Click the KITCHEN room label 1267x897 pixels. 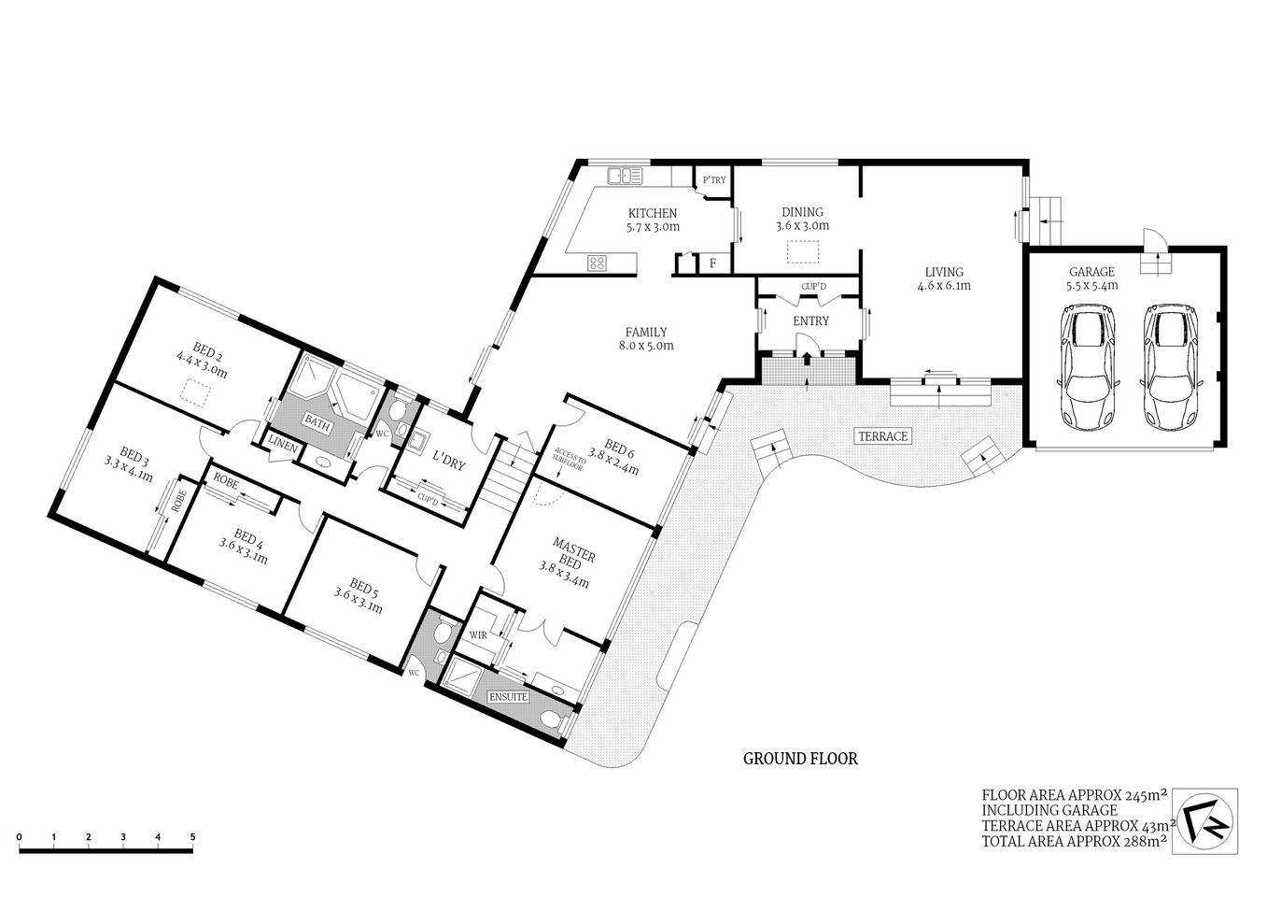click(652, 213)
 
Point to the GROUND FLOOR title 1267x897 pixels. click(800, 759)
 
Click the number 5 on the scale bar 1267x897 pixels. click(192, 836)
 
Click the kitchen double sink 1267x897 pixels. click(625, 175)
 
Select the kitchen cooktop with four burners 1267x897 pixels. click(598, 263)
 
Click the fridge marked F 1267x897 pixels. click(713, 263)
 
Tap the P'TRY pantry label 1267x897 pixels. click(713, 179)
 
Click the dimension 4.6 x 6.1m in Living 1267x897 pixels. click(943, 286)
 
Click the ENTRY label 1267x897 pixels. click(810, 321)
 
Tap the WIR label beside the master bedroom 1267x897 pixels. click(478, 635)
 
